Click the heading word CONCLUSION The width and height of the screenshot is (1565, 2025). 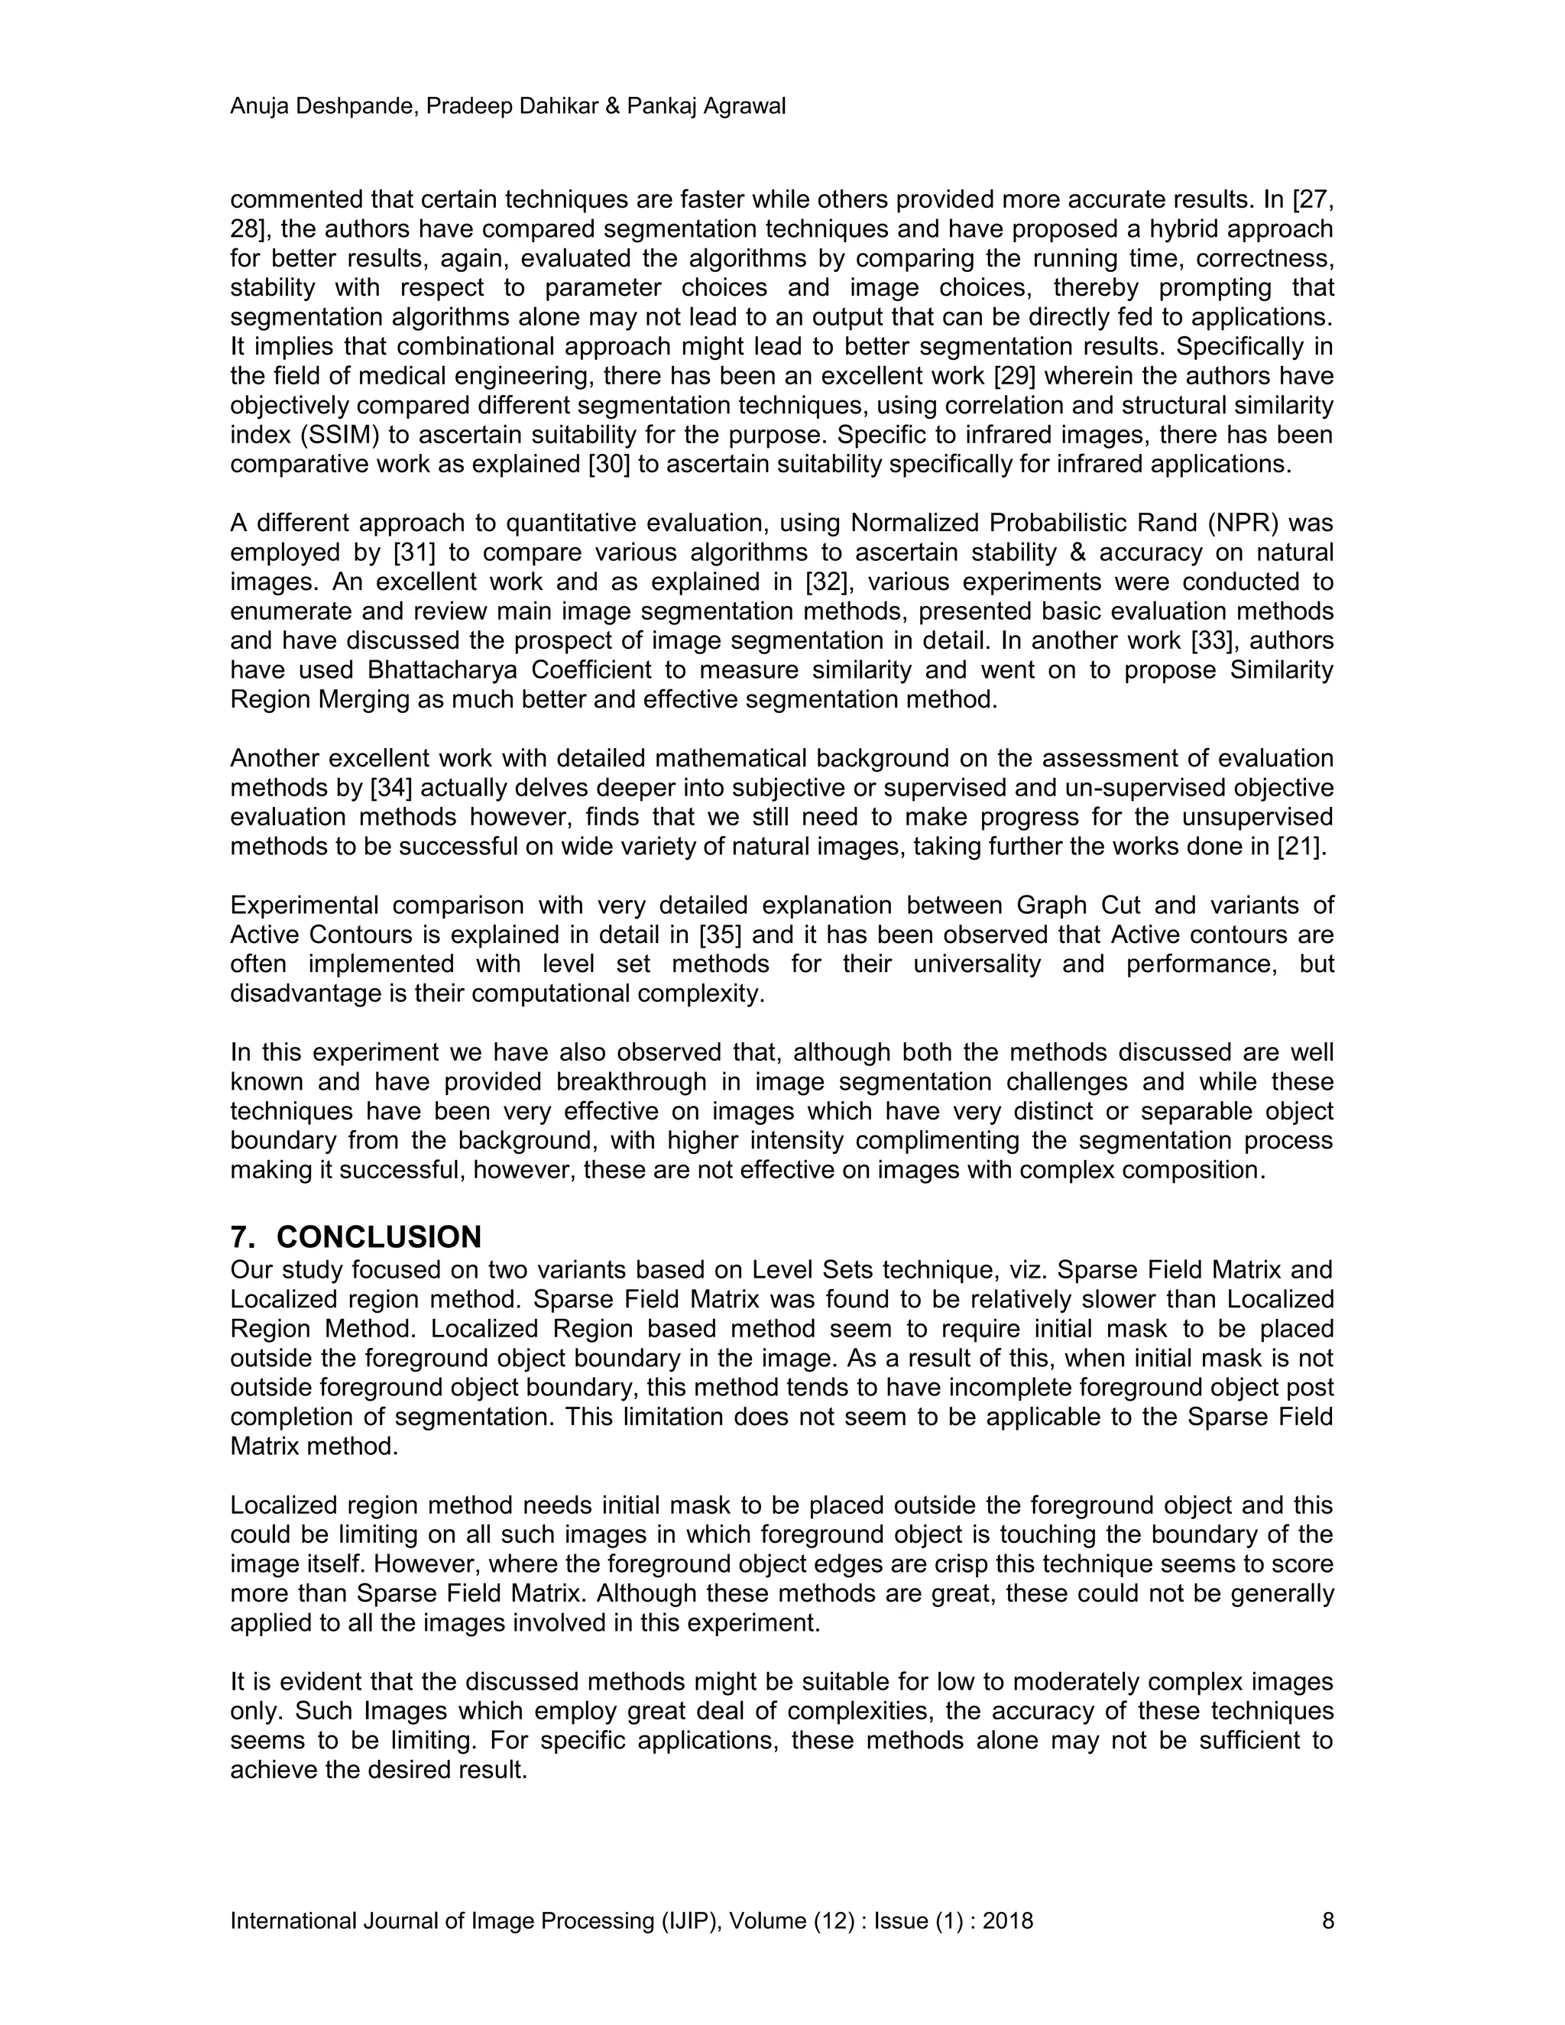tap(378, 1237)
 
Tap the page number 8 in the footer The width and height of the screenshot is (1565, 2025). tap(1327, 1921)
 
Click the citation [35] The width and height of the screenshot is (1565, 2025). tap(721, 935)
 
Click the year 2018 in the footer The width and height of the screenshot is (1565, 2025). tap(1007, 1921)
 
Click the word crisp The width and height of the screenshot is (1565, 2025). tap(955, 1564)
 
